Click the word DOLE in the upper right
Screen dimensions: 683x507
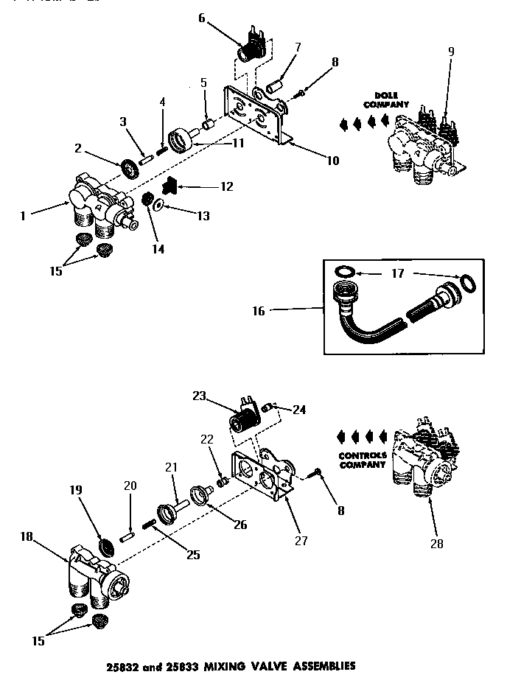(386, 95)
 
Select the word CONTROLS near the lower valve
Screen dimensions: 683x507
(362, 455)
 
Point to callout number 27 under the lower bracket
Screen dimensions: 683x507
(300, 540)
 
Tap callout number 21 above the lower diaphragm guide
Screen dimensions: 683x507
(172, 467)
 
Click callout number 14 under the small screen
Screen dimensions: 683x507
(158, 249)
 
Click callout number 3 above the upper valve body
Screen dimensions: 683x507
(123, 121)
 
